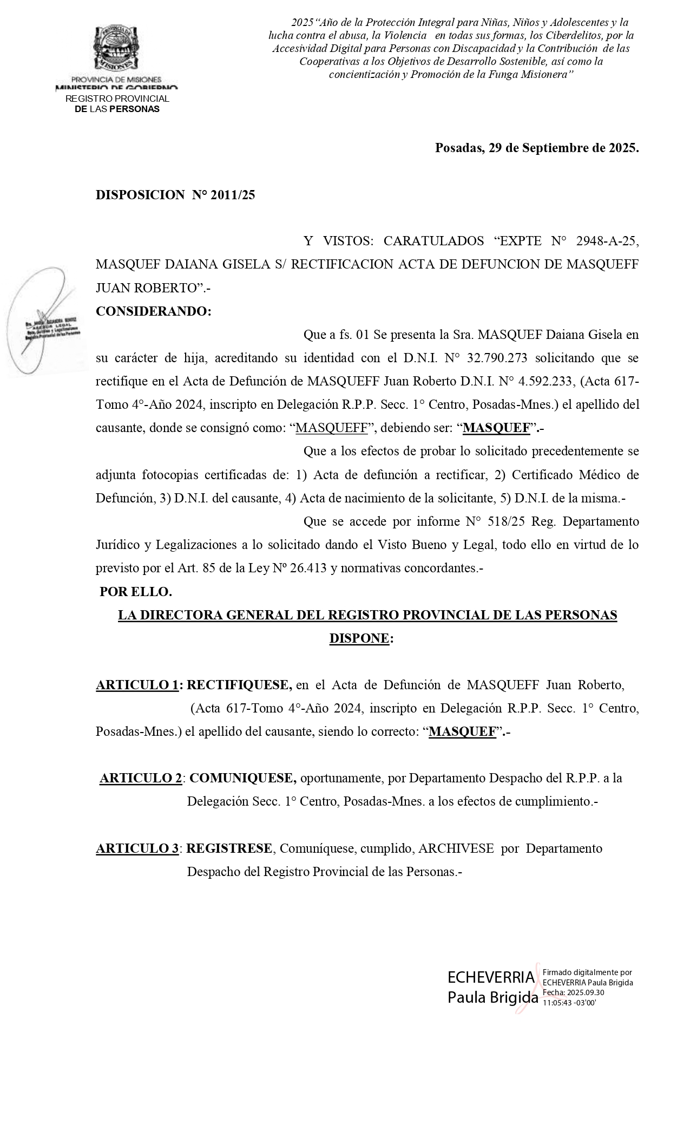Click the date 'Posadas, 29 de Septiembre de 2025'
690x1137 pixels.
(x=536, y=148)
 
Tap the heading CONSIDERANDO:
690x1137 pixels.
(x=154, y=311)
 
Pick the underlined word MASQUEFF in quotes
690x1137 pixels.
(x=332, y=428)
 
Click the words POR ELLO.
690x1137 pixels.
(x=136, y=592)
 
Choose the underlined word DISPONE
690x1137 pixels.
(x=359, y=638)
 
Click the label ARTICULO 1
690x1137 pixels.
(x=137, y=685)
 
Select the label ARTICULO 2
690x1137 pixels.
(x=141, y=778)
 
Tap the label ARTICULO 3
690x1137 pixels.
(x=137, y=848)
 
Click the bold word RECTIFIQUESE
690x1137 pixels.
(x=239, y=685)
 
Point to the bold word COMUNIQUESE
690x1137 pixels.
(x=242, y=778)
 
